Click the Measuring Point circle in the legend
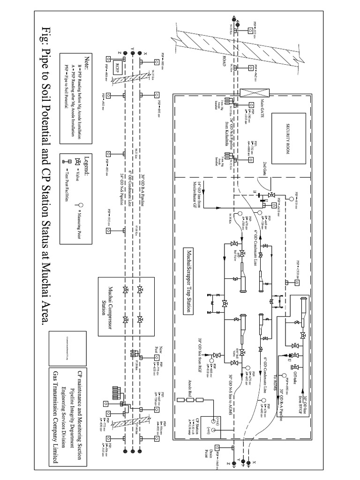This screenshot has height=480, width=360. [81, 205]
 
